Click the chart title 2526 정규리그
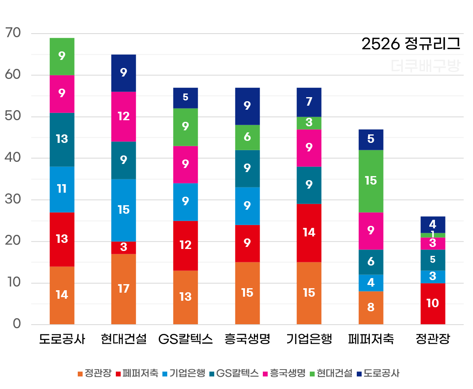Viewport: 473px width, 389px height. tap(411, 44)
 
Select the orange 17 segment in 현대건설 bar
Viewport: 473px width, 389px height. tap(124, 289)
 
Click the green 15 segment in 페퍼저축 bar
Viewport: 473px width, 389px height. tap(371, 181)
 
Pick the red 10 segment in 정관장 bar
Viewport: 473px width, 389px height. tap(433, 303)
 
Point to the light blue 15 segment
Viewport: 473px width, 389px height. tap(124, 210)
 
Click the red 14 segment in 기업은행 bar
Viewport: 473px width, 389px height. tap(309, 232)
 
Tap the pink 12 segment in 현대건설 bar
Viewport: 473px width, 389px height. tap(124, 117)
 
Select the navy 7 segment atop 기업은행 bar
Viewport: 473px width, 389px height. tap(309, 102)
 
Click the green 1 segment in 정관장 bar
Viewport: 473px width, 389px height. tap(433, 235)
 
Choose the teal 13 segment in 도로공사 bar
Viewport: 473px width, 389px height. tap(62, 139)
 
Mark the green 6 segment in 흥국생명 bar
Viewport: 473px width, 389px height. tap(247, 137)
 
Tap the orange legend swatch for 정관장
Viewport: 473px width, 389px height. tap(80, 373)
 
